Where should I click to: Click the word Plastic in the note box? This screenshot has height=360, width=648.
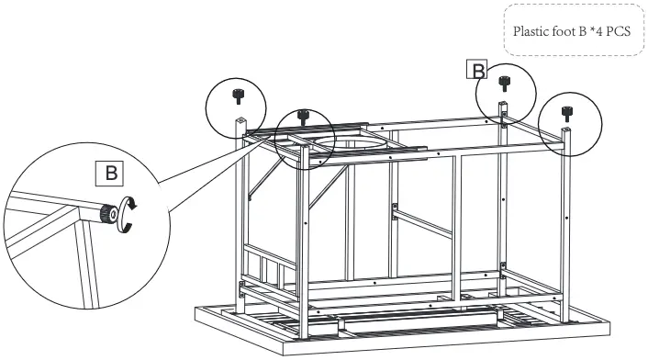[x=530, y=29]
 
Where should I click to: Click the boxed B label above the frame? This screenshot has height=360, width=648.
[x=477, y=70]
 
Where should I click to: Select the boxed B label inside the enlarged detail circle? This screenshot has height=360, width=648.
[x=109, y=171]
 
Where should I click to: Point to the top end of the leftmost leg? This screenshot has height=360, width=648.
[x=240, y=121]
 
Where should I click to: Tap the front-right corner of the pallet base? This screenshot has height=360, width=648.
[x=609, y=322]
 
